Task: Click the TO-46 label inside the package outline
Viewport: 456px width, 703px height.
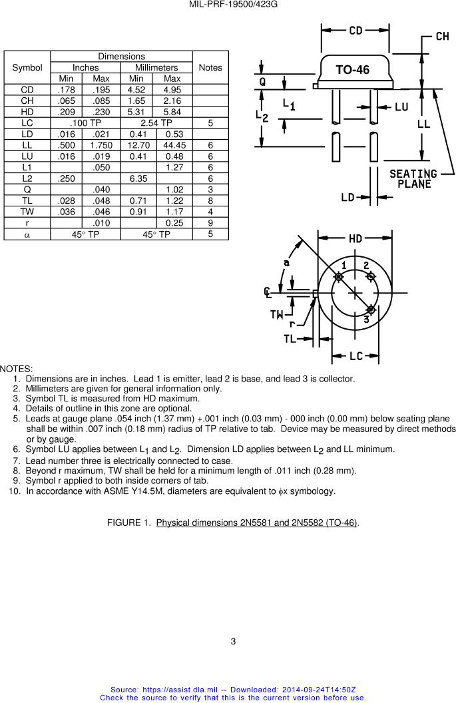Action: point(352,70)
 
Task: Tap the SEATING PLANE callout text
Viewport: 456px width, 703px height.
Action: point(413,179)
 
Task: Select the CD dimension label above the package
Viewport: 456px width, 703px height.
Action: point(355,31)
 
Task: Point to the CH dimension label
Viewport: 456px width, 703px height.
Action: point(442,37)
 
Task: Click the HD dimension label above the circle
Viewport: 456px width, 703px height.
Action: point(355,239)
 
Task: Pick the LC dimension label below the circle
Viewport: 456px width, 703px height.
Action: point(355,356)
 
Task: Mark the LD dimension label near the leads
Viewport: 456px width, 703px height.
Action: point(347,197)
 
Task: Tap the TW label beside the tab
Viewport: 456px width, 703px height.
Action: point(277,314)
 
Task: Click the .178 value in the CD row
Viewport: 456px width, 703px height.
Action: point(66,90)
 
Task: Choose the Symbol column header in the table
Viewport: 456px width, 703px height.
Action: point(27,67)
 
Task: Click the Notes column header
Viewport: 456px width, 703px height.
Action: point(210,67)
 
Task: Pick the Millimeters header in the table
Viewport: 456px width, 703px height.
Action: point(156,67)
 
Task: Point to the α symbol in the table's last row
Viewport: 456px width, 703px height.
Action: point(27,234)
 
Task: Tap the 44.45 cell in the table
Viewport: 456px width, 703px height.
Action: point(174,145)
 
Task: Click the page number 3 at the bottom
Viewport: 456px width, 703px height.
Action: point(233,642)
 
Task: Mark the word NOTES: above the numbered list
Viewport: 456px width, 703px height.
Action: point(16,369)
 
